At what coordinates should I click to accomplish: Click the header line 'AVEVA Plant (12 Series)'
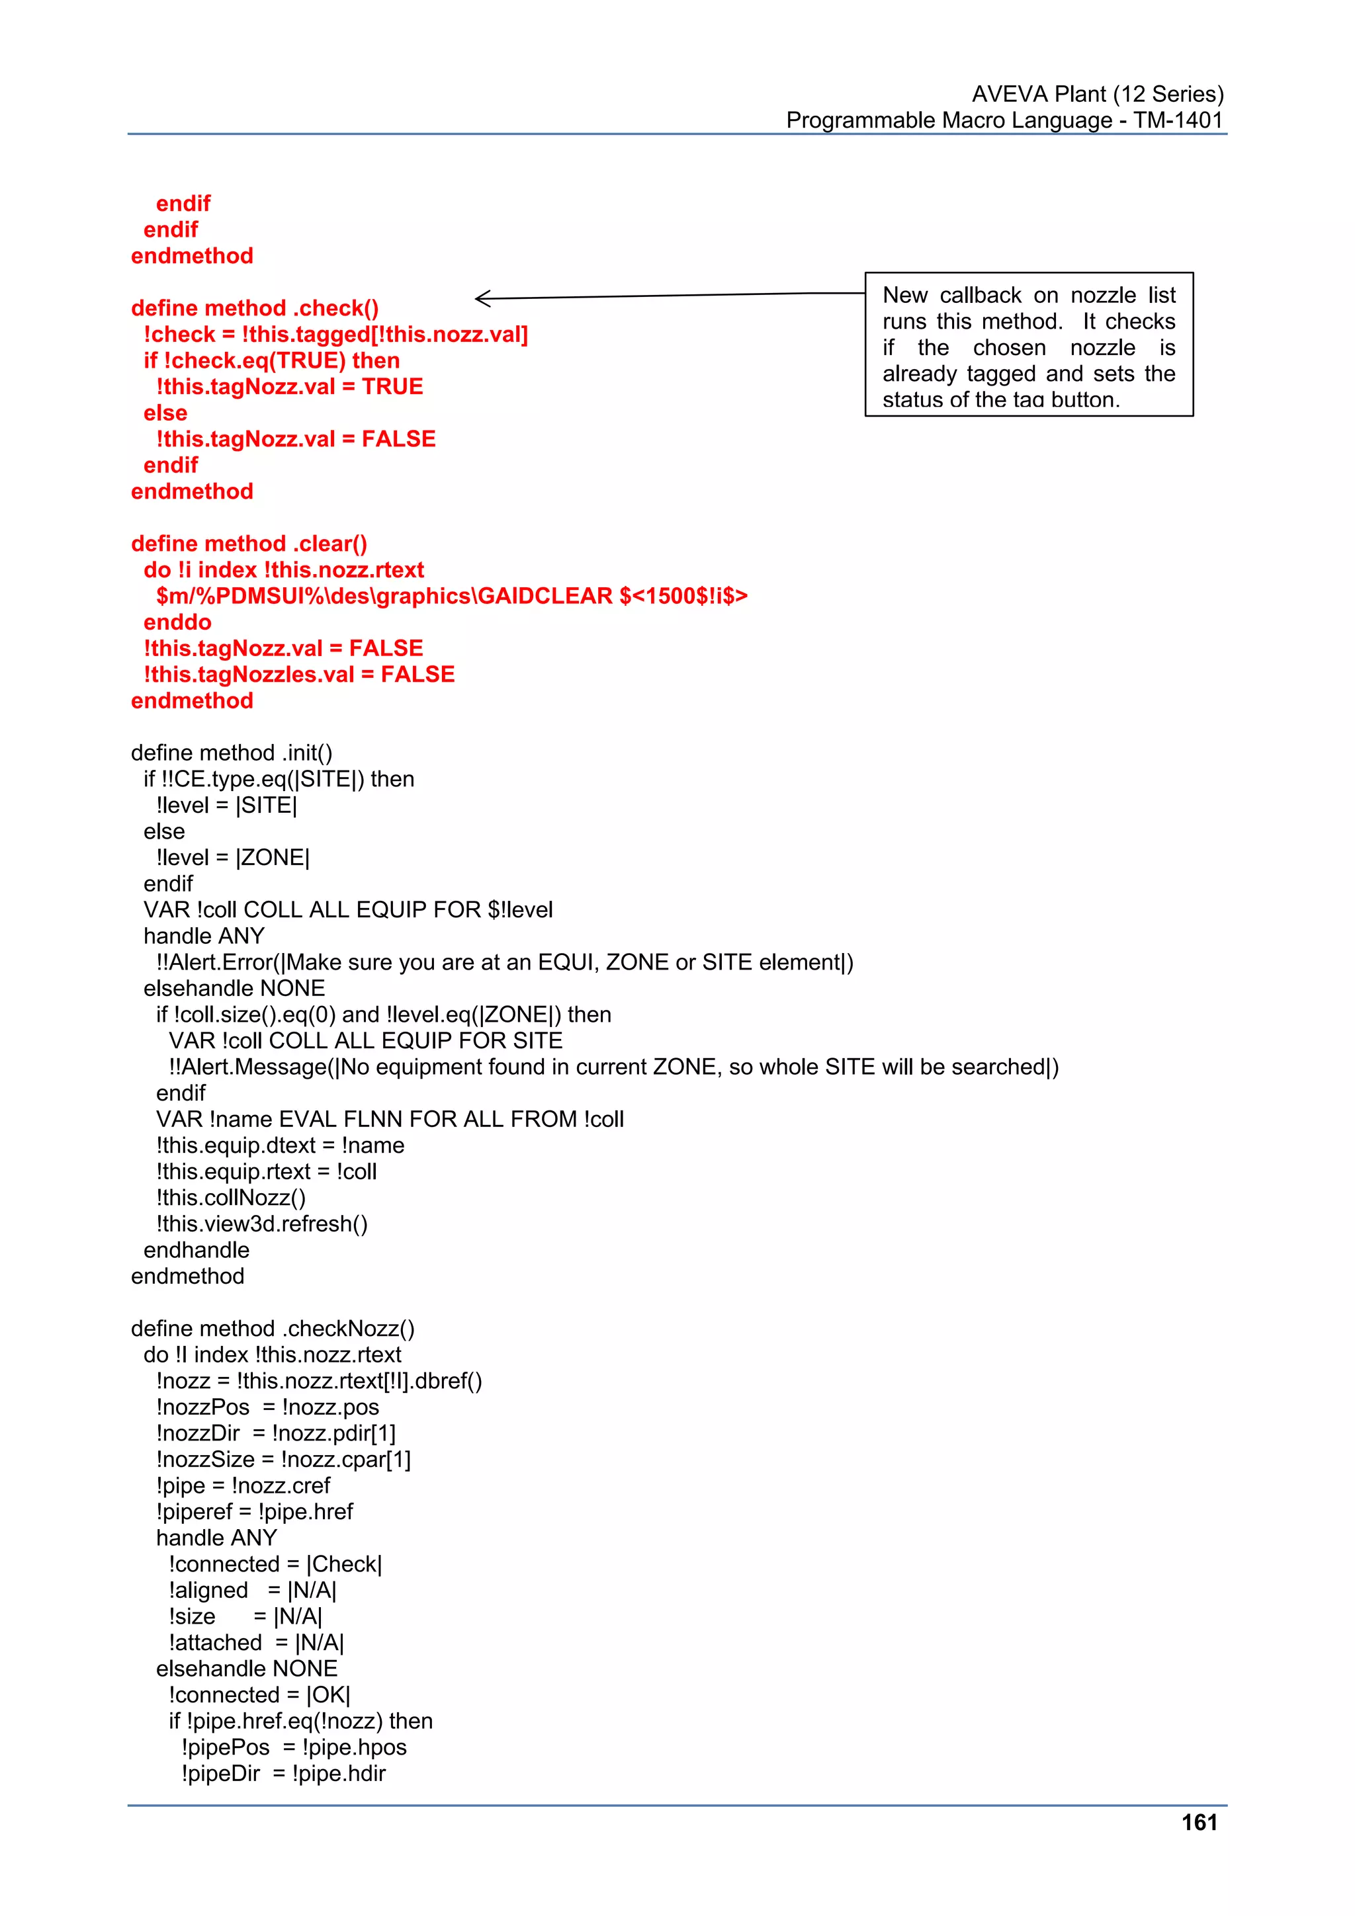pos(1097,95)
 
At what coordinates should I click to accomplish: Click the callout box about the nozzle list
pos(1029,345)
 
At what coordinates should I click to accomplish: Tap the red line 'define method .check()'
pos(255,308)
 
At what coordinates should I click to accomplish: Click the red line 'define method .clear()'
pos(249,544)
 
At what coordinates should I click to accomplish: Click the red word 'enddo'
pos(177,622)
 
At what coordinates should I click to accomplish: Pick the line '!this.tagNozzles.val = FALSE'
pos(299,675)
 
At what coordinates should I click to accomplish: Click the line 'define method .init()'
pos(232,753)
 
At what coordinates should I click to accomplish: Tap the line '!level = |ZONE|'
pos(233,858)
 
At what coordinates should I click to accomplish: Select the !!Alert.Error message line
pos(504,962)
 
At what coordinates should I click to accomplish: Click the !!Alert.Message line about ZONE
pos(613,1067)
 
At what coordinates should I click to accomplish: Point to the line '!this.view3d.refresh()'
pos(261,1224)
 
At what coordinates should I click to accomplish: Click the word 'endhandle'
pos(197,1250)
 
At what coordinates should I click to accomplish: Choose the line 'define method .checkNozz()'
pos(272,1329)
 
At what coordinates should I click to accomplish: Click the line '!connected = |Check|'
pos(275,1564)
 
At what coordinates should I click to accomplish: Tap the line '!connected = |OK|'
pos(259,1695)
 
